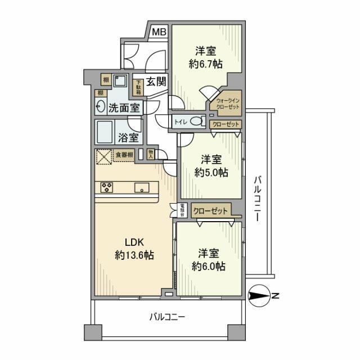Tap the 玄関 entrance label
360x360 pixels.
[x=156, y=82]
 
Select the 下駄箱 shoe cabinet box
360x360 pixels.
[x=138, y=87]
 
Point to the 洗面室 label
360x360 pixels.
[x=124, y=107]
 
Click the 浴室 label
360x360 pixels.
[x=128, y=137]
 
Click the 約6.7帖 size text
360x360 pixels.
[x=205, y=64]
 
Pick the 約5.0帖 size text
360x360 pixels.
[x=211, y=172]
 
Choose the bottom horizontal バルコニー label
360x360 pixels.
[x=167, y=317]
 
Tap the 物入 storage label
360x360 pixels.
[x=151, y=152]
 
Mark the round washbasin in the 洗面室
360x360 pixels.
[x=101, y=107]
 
